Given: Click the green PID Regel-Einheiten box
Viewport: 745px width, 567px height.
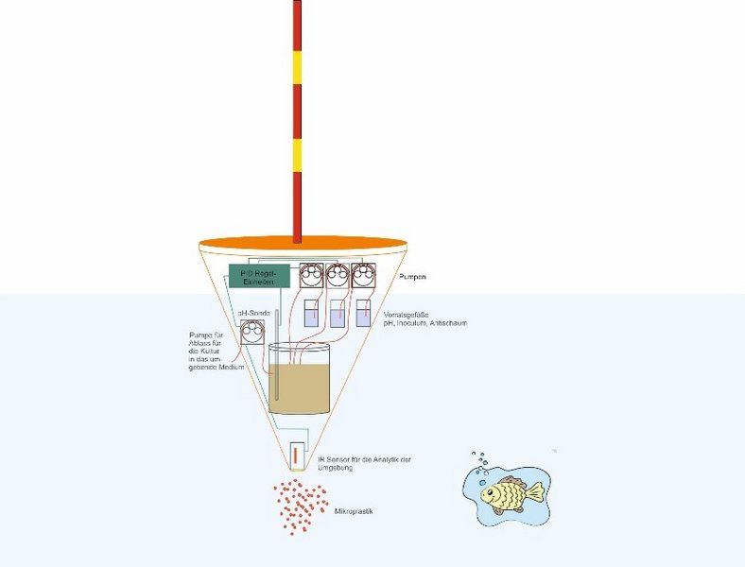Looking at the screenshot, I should tap(257, 277).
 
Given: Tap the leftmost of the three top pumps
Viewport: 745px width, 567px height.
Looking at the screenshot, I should tap(310, 276).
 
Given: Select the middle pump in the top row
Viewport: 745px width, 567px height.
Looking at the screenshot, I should tap(337, 276).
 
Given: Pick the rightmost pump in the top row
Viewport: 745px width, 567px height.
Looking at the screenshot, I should tap(362, 276).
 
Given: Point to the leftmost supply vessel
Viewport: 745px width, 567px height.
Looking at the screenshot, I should tap(311, 314).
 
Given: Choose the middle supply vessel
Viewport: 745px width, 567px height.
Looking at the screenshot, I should tap(338, 314).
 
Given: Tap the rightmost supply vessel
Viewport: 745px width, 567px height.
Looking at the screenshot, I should tap(363, 314).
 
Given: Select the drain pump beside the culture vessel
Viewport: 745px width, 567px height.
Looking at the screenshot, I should tap(251, 334).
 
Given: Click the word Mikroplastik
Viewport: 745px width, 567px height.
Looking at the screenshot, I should tap(355, 511).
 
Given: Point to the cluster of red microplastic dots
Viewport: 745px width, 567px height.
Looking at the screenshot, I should tap(301, 506).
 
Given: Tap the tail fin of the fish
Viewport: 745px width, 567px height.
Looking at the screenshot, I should tap(535, 491).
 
